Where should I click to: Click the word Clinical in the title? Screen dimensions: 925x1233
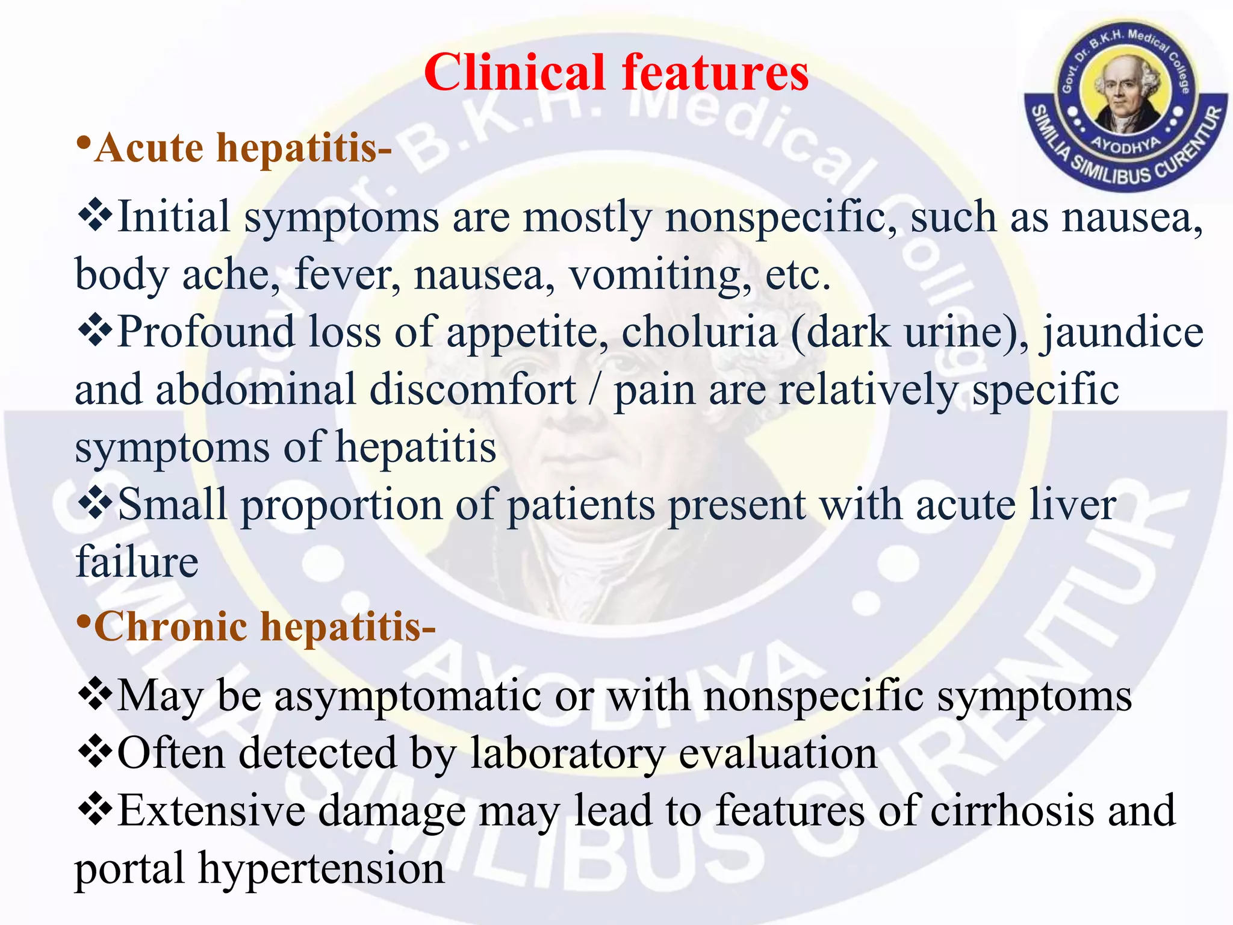pos(514,73)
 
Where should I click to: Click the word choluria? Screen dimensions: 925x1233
pos(699,332)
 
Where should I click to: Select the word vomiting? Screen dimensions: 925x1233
pos(660,275)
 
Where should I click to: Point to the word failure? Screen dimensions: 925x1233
pos(137,561)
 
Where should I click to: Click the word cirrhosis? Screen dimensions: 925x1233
pos(1012,811)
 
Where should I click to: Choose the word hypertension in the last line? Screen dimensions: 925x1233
pos(321,868)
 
